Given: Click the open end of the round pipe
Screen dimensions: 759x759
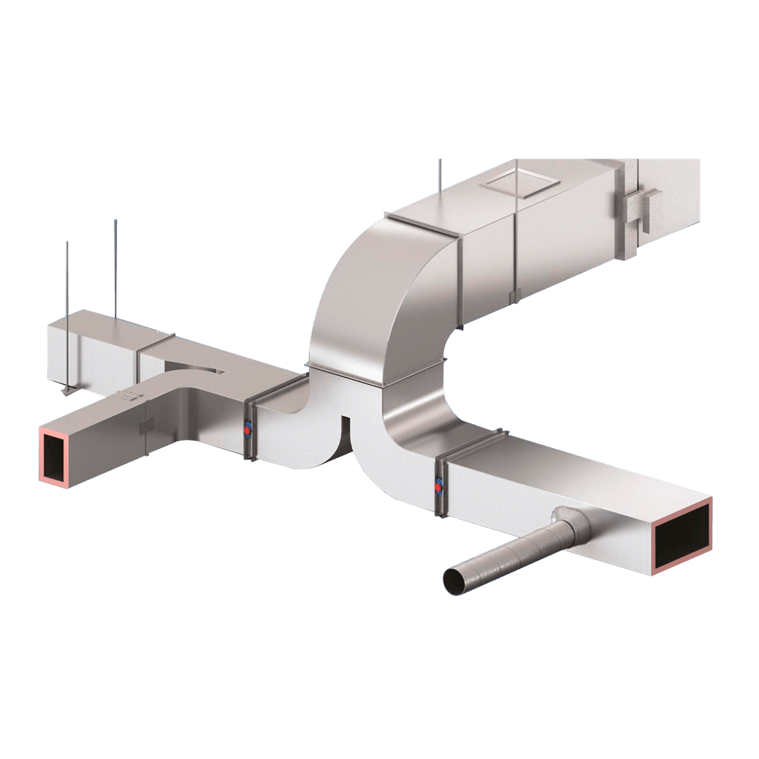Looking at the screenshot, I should tap(454, 581).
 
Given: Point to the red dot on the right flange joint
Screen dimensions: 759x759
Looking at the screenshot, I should tap(438, 486).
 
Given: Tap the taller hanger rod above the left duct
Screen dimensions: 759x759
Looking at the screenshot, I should tap(116, 266).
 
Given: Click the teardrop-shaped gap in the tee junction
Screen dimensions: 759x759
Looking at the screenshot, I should tap(193, 367).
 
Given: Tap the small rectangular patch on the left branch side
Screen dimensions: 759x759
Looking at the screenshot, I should tap(145, 429).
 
